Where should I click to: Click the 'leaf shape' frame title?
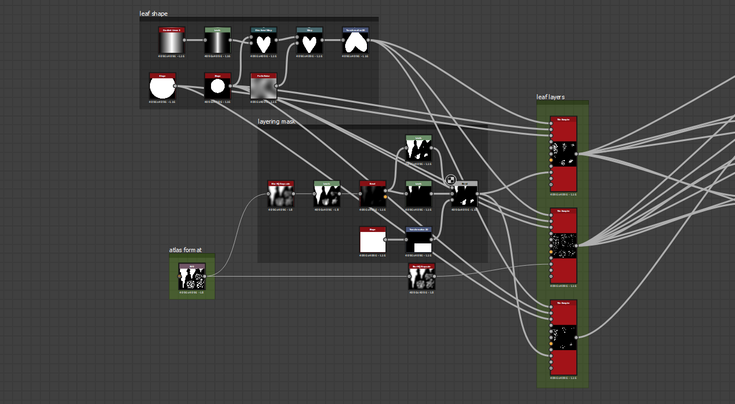click(x=153, y=13)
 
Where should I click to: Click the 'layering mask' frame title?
click(x=276, y=121)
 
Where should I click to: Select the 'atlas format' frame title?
click(x=185, y=250)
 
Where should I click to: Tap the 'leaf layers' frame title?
click(x=551, y=97)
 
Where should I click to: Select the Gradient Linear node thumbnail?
click(x=172, y=42)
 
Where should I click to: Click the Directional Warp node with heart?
click(x=263, y=42)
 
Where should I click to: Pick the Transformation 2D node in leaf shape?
click(x=356, y=42)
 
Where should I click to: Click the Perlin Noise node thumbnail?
click(x=263, y=88)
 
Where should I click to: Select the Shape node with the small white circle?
click(x=218, y=88)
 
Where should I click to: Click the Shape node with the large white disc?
click(x=162, y=88)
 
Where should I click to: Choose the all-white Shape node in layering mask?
click(x=372, y=241)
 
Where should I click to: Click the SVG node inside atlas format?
click(x=192, y=278)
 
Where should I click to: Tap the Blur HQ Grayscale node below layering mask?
click(x=421, y=278)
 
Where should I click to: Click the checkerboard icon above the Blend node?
click(x=451, y=180)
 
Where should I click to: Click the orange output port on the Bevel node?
click(x=385, y=197)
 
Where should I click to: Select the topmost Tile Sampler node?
click(x=563, y=154)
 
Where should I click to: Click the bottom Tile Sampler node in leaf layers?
click(x=563, y=337)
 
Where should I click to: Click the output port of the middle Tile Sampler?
click(x=576, y=246)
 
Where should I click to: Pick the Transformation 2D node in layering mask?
click(x=418, y=241)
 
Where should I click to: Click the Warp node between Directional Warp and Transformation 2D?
click(x=310, y=42)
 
